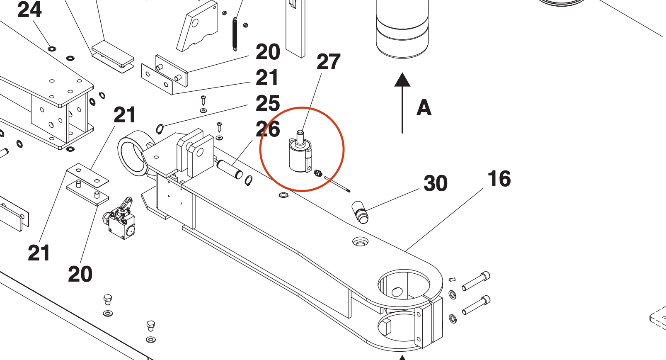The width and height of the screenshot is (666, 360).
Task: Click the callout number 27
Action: (x=328, y=62)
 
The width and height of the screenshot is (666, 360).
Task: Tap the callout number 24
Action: (x=29, y=10)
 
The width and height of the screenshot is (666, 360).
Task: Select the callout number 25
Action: (x=268, y=103)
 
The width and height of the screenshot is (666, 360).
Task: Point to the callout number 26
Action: (x=268, y=129)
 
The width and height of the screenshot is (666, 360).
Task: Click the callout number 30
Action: (x=436, y=183)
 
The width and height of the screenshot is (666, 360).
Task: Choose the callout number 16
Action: (x=499, y=179)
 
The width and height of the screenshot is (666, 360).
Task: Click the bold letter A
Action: (x=424, y=108)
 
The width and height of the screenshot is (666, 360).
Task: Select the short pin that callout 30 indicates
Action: (x=360, y=212)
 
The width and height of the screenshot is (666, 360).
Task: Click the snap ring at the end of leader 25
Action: (x=160, y=129)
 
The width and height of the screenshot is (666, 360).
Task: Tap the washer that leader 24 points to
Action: (x=51, y=49)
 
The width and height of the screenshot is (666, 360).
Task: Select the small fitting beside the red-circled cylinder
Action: (x=318, y=173)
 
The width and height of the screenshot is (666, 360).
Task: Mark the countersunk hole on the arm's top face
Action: (x=360, y=241)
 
